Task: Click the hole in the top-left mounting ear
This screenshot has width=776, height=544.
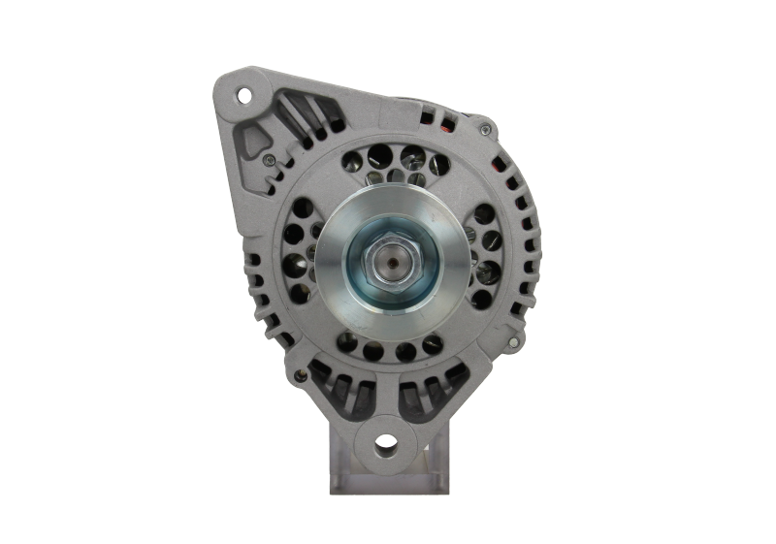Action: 242,94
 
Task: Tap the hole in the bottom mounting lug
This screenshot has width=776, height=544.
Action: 385,445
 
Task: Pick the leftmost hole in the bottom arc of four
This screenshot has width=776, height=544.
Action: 346,338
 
